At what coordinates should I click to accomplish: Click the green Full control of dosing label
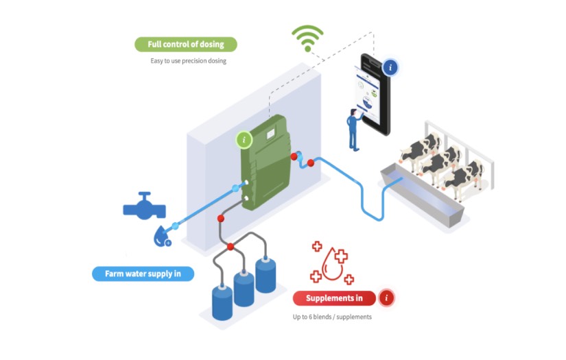coord(185,45)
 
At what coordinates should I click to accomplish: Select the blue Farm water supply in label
coord(143,274)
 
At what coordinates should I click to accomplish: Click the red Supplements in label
coord(334,298)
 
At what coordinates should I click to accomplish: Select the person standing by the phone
coord(353,129)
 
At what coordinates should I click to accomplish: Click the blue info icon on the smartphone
coord(391,67)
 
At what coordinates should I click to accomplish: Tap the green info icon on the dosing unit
coord(244,140)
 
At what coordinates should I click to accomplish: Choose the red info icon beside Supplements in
coord(386,298)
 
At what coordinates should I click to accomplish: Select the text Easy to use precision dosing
coord(188,61)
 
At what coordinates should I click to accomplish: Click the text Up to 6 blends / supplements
coord(333,317)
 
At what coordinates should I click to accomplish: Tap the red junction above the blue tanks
coord(231,246)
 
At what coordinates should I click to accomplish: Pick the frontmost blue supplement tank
coord(222,302)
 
